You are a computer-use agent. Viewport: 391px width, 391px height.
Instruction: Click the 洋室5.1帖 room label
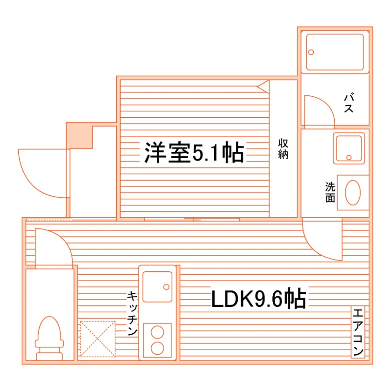pos(194,152)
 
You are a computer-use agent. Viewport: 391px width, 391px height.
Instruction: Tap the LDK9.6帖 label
pos(259,298)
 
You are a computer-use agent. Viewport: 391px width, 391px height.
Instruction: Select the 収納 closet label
pos(283,149)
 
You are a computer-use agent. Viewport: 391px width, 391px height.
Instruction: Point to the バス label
pos(349,103)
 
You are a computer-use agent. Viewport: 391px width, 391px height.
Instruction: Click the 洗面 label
pos(330,192)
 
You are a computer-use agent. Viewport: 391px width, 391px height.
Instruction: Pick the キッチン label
pos(132,313)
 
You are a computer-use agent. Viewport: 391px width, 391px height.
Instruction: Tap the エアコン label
pos(358,332)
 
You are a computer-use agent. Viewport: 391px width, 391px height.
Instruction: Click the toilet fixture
pos(49,338)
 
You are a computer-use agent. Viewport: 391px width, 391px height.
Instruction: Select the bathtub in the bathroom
pos(335,52)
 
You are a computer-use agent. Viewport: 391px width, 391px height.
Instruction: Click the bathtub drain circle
pos(311,52)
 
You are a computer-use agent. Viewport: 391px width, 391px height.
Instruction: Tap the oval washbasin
pos(353,193)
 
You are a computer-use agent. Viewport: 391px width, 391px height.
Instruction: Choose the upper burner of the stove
pos(157,332)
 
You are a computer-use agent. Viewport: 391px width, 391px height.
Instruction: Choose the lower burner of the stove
pos(157,348)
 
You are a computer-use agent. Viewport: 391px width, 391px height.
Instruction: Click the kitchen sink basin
pos(157,287)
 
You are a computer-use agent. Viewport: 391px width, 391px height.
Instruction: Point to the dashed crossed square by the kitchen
pos(97,339)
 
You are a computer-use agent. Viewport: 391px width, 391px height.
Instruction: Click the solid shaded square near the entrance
pos(79,135)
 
